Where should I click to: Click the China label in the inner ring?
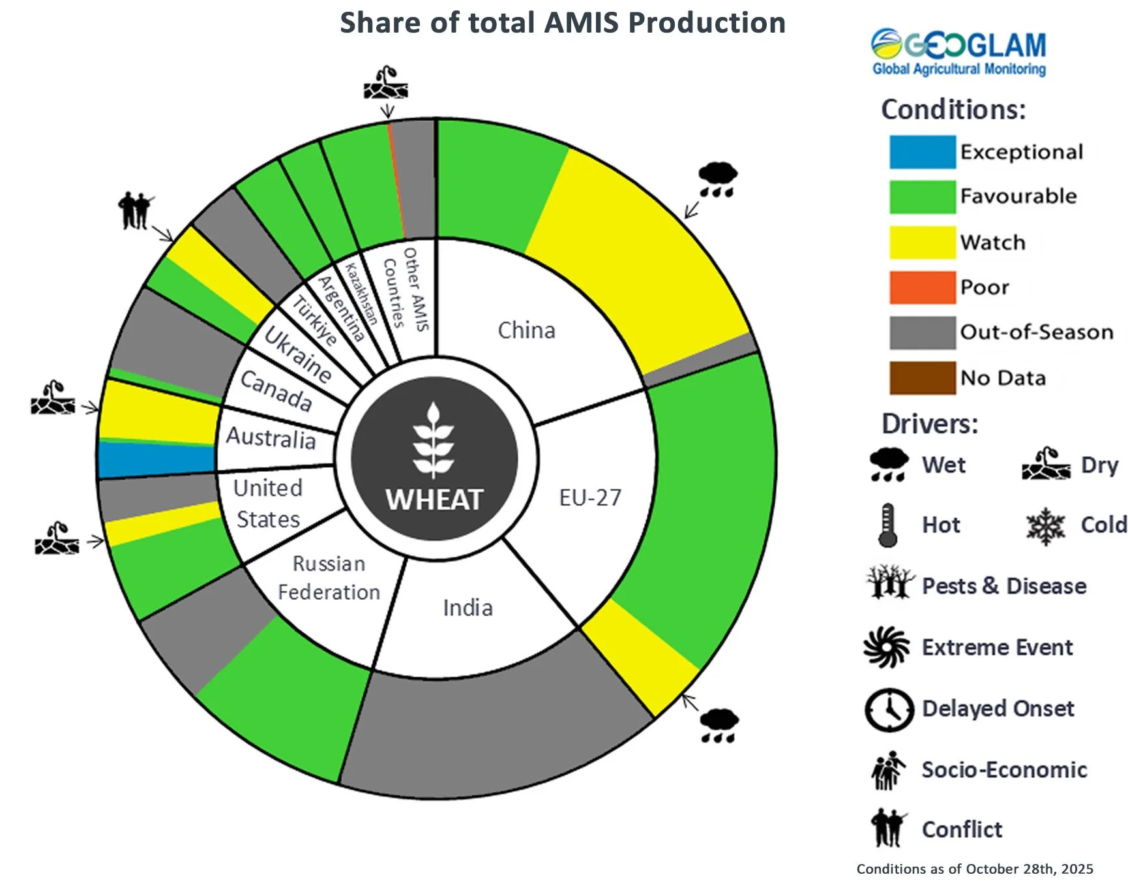526,330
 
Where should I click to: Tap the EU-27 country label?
590,498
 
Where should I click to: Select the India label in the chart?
468,608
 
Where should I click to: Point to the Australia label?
271,437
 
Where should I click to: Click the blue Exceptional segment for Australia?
156,459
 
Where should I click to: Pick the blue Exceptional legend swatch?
922,152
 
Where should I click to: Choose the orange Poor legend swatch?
922,287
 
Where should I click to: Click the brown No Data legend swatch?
922,378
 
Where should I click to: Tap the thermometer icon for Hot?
887,525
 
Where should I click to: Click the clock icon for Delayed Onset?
888,709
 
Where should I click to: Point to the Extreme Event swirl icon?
886,647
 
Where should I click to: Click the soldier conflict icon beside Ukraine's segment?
136,210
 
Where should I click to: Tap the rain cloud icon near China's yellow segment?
717,179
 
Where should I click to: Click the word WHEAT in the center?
434,501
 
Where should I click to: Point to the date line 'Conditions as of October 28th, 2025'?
974,869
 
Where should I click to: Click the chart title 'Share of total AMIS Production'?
562,23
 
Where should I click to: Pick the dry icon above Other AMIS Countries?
386,83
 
